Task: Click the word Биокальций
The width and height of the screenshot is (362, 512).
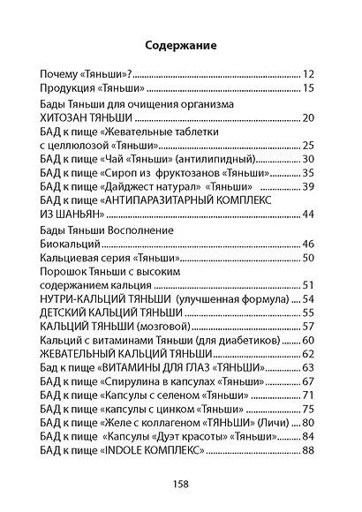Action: pyautogui.click(x=73, y=244)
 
